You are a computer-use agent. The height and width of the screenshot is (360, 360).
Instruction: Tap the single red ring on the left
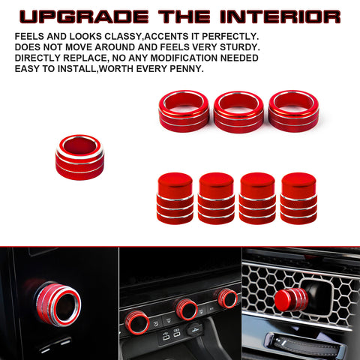click(79, 155)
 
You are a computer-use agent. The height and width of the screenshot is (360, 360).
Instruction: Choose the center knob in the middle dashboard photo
click(186, 307)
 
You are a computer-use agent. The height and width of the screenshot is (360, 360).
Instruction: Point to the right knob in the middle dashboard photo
click(227, 298)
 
